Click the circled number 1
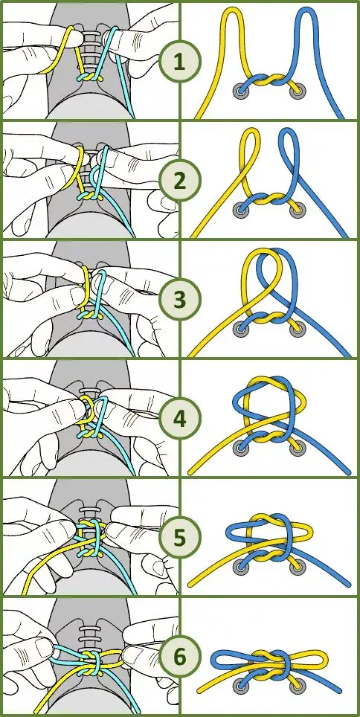click(179, 62)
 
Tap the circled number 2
click(179, 181)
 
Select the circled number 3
click(179, 300)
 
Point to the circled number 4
click(179, 419)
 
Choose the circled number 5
click(179, 538)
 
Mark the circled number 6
click(179, 657)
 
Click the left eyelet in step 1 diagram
click(240, 91)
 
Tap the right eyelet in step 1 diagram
click(298, 91)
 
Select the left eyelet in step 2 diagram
click(240, 210)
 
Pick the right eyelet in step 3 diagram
click(298, 329)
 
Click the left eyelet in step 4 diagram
click(240, 448)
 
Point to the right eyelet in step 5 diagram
click(298, 568)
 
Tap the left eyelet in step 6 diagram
click(240, 686)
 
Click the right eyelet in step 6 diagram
click(298, 686)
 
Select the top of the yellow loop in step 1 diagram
click(233, 10)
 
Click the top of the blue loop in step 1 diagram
click(306, 10)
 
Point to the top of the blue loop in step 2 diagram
click(287, 131)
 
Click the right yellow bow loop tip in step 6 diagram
click(325, 659)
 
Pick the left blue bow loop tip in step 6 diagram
click(213, 659)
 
